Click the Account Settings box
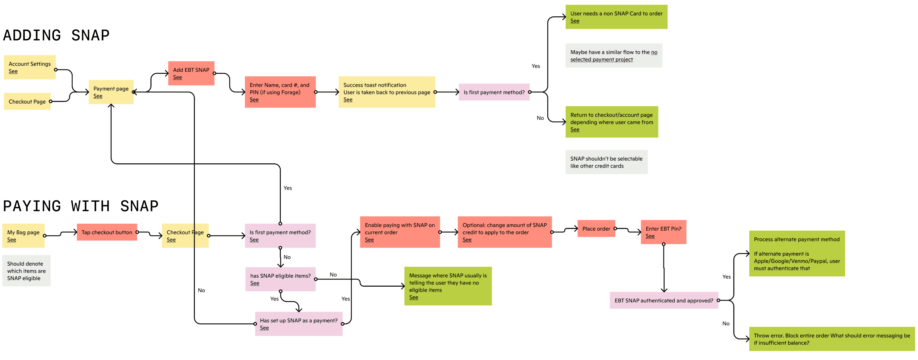point(30,67)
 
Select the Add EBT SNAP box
point(191,73)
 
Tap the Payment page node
point(111,92)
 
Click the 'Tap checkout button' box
point(107,232)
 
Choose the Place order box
point(596,229)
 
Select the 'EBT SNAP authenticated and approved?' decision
point(663,300)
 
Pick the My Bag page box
point(23,235)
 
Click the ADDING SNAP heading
point(56,35)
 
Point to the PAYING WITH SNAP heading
point(81,206)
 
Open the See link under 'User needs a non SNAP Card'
point(575,21)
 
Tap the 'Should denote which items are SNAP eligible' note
point(26,271)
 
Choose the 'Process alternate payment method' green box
point(797,253)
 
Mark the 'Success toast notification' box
point(386,92)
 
